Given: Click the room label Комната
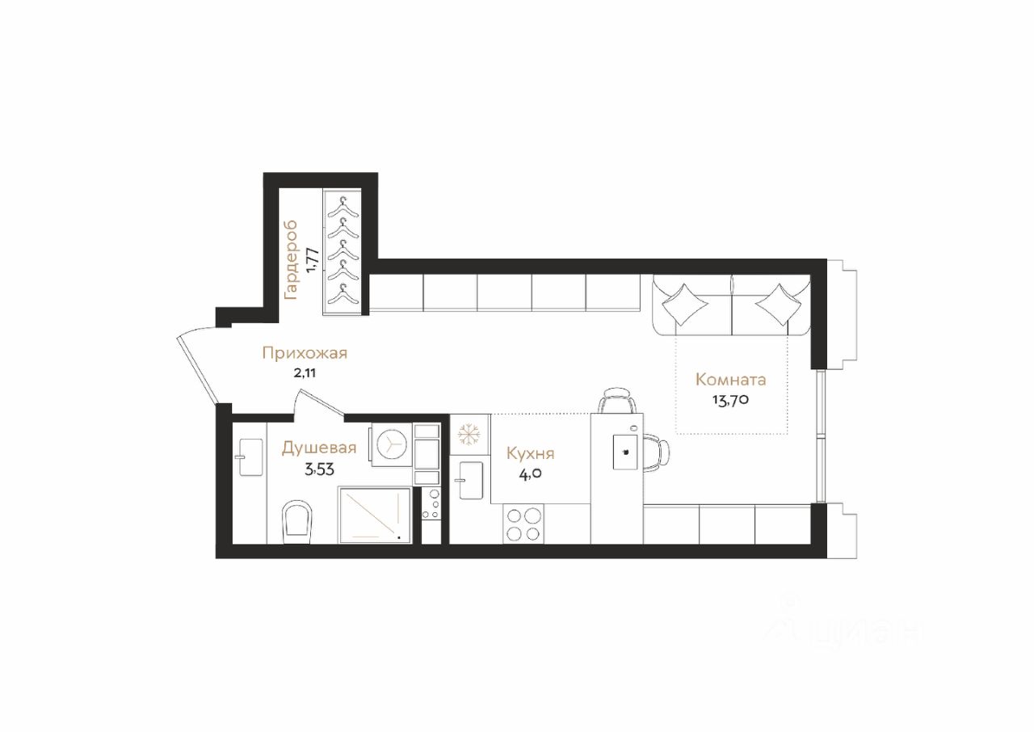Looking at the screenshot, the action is [731, 380].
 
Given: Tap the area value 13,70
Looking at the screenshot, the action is [730, 400].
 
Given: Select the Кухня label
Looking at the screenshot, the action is [531, 454].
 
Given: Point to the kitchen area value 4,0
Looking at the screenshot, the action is [531, 474].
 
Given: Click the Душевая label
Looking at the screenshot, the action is [319, 448].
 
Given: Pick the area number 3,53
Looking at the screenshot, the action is [319, 470].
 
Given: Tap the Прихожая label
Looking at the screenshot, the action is [305, 354].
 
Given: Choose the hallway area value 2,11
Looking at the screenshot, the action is [305, 373].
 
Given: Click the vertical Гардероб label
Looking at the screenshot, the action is [291, 261].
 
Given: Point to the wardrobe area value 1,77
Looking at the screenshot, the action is [312, 261].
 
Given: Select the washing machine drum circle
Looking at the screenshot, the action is [392, 444].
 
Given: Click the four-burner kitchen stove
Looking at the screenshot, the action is [523, 524].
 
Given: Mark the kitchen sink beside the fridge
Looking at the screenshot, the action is [471, 481].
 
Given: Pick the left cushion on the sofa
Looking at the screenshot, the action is [684, 304].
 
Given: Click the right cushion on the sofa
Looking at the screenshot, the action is [779, 304].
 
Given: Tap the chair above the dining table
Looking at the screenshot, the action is [616, 400].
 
